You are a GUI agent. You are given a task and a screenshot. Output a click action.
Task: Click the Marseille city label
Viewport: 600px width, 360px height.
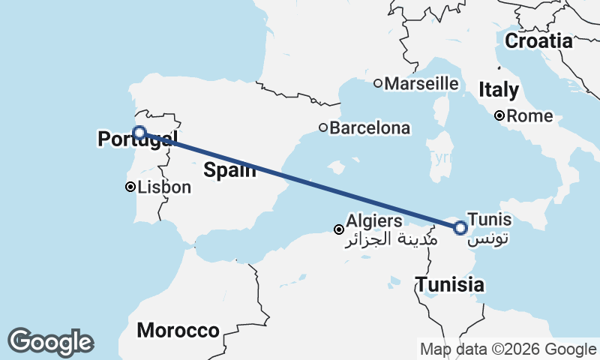click(421, 83)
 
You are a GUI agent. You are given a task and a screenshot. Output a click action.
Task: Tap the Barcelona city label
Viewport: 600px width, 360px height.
click(370, 128)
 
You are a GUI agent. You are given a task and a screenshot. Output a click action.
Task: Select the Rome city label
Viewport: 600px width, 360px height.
click(529, 116)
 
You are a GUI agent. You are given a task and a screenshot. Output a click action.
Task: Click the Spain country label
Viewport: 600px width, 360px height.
click(229, 170)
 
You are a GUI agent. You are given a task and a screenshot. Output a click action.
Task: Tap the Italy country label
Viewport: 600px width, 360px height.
click(499, 91)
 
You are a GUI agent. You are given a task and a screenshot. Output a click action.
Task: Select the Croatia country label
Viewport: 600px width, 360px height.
click(538, 41)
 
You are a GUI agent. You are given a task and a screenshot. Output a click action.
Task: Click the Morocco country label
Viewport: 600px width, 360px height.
click(178, 330)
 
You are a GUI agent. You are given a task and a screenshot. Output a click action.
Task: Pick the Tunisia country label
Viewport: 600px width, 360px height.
click(450, 285)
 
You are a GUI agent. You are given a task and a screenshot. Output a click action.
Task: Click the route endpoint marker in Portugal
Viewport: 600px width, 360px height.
click(139, 133)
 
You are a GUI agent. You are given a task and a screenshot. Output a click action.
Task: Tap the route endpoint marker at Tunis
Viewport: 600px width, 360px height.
click(460, 226)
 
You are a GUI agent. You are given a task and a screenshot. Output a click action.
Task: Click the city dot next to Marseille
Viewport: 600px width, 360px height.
click(379, 83)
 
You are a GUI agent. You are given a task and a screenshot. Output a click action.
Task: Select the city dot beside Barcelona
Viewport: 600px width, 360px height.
click(323, 128)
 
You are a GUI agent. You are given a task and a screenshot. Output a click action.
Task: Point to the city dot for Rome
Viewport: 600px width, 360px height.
click(499, 116)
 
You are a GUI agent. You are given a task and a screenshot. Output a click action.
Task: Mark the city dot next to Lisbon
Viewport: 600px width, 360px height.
click(130, 187)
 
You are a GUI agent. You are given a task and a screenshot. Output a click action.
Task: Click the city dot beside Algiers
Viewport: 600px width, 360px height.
click(339, 229)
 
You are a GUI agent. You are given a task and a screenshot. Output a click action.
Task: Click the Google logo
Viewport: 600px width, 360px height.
click(50, 342)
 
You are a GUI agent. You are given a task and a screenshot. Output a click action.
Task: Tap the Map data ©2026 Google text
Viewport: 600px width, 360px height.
click(508, 349)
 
